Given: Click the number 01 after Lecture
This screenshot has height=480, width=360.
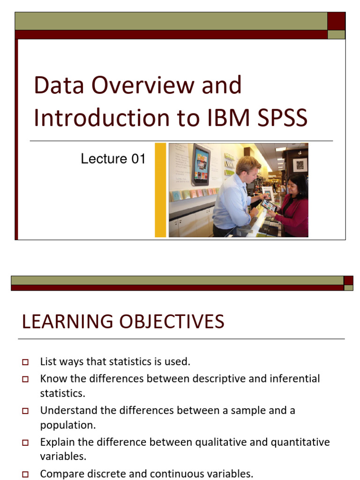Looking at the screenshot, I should (138, 159).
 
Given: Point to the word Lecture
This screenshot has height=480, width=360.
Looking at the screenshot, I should (104, 159).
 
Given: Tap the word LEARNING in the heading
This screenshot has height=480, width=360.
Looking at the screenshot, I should (64, 322).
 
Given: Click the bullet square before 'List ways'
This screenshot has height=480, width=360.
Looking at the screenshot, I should (25, 362).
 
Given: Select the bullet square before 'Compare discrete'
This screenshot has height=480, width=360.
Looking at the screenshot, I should (25, 474).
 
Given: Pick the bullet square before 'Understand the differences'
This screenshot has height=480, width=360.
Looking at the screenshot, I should (25, 411).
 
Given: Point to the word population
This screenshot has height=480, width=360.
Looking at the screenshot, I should (68, 425).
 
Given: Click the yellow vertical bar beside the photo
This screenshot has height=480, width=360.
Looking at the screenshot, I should (160, 190).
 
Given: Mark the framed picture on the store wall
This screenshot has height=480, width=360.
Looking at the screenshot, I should (299, 165).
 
